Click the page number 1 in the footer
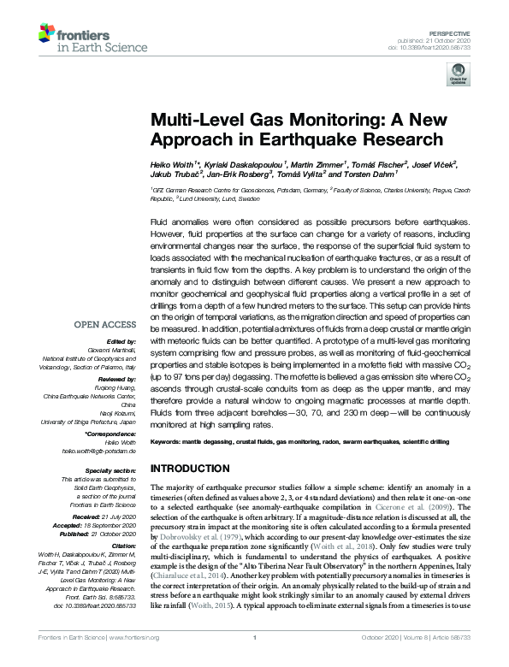click(x=254, y=658)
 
